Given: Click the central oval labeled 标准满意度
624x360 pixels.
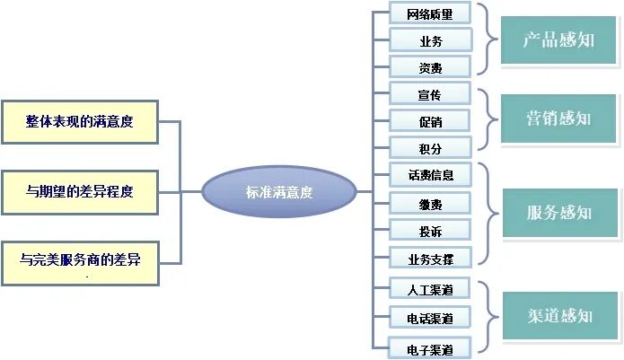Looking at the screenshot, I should [278, 191].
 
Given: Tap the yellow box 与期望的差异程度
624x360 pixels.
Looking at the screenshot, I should [79, 190].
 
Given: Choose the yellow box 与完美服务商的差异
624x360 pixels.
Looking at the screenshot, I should [79, 260].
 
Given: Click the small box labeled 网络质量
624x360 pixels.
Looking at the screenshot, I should [430, 13].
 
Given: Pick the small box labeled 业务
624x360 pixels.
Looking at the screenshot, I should [430, 40].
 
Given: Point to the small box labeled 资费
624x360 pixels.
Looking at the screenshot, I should [430, 66].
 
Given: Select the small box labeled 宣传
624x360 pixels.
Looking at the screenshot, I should [430, 93].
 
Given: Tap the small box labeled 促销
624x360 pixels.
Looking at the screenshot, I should [430, 120].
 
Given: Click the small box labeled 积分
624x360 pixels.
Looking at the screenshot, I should [430, 147].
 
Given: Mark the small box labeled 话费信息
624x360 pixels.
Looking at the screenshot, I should [430, 175].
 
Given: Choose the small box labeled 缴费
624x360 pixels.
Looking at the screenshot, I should [430, 204].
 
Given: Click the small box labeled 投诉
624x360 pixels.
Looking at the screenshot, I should [430, 231].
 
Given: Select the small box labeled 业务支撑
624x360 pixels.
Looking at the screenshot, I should [430, 259].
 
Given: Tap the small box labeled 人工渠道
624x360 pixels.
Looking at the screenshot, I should [430, 290].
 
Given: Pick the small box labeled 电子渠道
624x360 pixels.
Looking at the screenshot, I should [430, 347].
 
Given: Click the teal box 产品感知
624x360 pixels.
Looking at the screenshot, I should [558, 41].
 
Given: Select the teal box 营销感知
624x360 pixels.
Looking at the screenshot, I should [558, 119].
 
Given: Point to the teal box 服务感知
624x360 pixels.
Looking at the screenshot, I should [558, 213].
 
